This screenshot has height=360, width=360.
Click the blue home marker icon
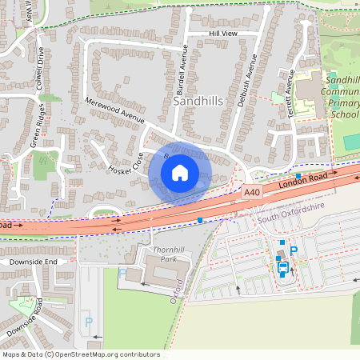pyautogui.click(x=180, y=172)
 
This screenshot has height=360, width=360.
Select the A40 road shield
pyautogui.click(x=251, y=192)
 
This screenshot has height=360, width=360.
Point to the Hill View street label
pyautogui.click(x=223, y=34)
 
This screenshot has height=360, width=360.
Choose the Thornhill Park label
pyautogui.click(x=146, y=255)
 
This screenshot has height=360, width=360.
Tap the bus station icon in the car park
pyautogui.click(x=282, y=269)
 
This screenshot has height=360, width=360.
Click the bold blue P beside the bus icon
pyautogui.click(x=294, y=251)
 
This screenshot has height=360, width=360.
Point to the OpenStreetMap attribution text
pyautogui.click(x=81, y=354)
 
